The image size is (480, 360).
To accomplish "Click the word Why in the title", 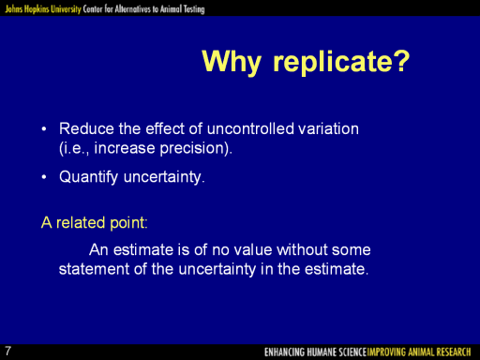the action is click(232, 62).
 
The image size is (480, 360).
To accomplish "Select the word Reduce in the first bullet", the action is click(86, 128).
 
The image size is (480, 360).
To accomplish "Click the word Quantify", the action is click(89, 177).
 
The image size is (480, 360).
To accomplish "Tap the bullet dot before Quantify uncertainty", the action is click(44, 177).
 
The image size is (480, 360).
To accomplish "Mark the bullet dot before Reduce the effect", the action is click(44, 129).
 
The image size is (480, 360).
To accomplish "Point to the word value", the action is click(253, 250).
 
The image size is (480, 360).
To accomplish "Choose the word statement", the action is click(94, 269).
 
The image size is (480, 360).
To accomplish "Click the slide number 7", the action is click(7, 351).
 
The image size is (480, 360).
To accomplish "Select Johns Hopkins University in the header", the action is click(43, 9).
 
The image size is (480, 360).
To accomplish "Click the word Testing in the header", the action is click(194, 9).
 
